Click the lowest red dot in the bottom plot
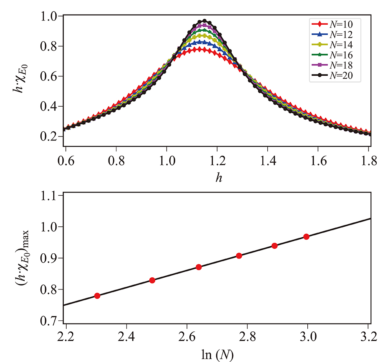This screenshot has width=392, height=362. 97,296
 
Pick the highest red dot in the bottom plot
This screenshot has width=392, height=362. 306,236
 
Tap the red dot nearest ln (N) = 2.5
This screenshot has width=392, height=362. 152,280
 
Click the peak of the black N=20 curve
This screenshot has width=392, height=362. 204,21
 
